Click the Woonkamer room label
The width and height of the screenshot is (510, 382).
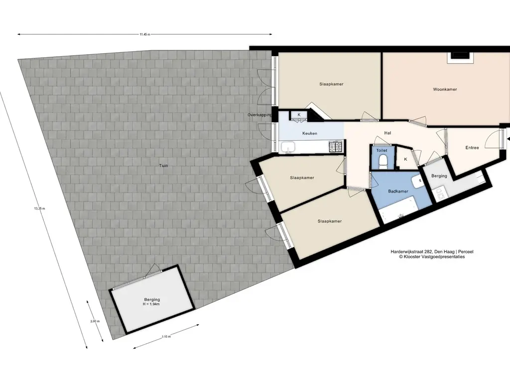[445, 90]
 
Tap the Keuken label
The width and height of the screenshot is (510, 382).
[310, 133]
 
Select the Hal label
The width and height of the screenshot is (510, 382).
[387, 133]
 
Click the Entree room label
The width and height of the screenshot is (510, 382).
[472, 147]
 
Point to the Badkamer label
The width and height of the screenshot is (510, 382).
[398, 191]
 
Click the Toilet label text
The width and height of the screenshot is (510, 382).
[382, 150]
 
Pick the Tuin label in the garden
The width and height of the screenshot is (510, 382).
[163, 166]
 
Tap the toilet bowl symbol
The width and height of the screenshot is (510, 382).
[383, 161]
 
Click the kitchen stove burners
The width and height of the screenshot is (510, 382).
[336, 147]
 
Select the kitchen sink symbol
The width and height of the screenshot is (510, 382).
[288, 147]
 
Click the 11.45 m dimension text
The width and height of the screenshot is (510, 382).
[145, 34]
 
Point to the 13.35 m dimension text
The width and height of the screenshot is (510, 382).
[39, 208]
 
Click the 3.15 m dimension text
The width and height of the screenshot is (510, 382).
[166, 337]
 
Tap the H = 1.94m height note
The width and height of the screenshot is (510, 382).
[151, 304]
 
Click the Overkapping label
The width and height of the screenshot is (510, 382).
[259, 115]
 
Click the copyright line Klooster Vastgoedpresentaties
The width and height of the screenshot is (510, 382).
[432, 257]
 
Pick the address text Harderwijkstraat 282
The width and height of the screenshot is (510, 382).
[411, 252]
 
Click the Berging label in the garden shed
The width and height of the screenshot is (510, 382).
[152, 299]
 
